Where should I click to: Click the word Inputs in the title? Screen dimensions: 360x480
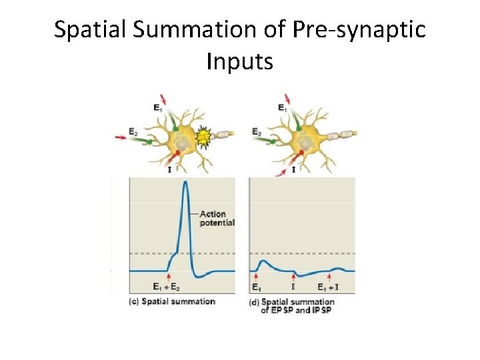240,62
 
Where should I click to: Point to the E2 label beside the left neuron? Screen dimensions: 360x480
133,131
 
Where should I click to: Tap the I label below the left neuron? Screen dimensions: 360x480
169,170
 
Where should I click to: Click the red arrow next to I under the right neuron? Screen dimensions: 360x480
282,171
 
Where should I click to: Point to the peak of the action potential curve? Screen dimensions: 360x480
185,183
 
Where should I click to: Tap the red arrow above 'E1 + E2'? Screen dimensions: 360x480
169,276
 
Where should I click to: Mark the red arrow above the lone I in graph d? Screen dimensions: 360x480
294,276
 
